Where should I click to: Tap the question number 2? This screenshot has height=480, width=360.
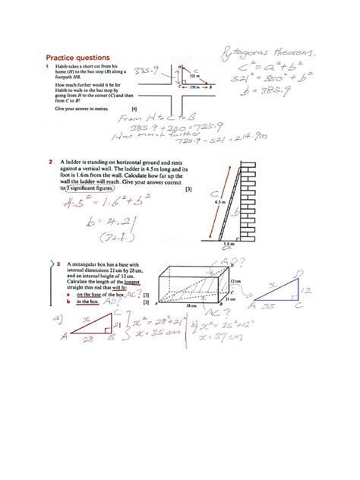click(49, 162)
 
